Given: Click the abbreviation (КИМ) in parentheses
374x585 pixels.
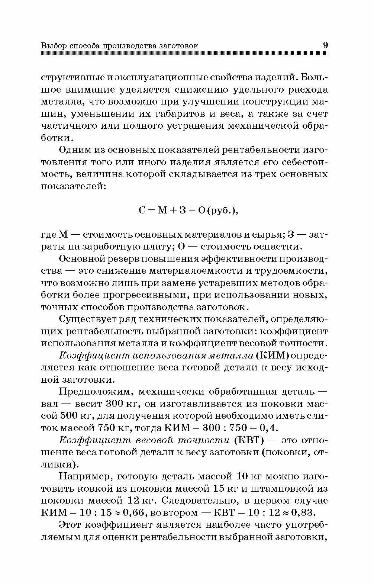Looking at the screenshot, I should (x=272, y=355).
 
